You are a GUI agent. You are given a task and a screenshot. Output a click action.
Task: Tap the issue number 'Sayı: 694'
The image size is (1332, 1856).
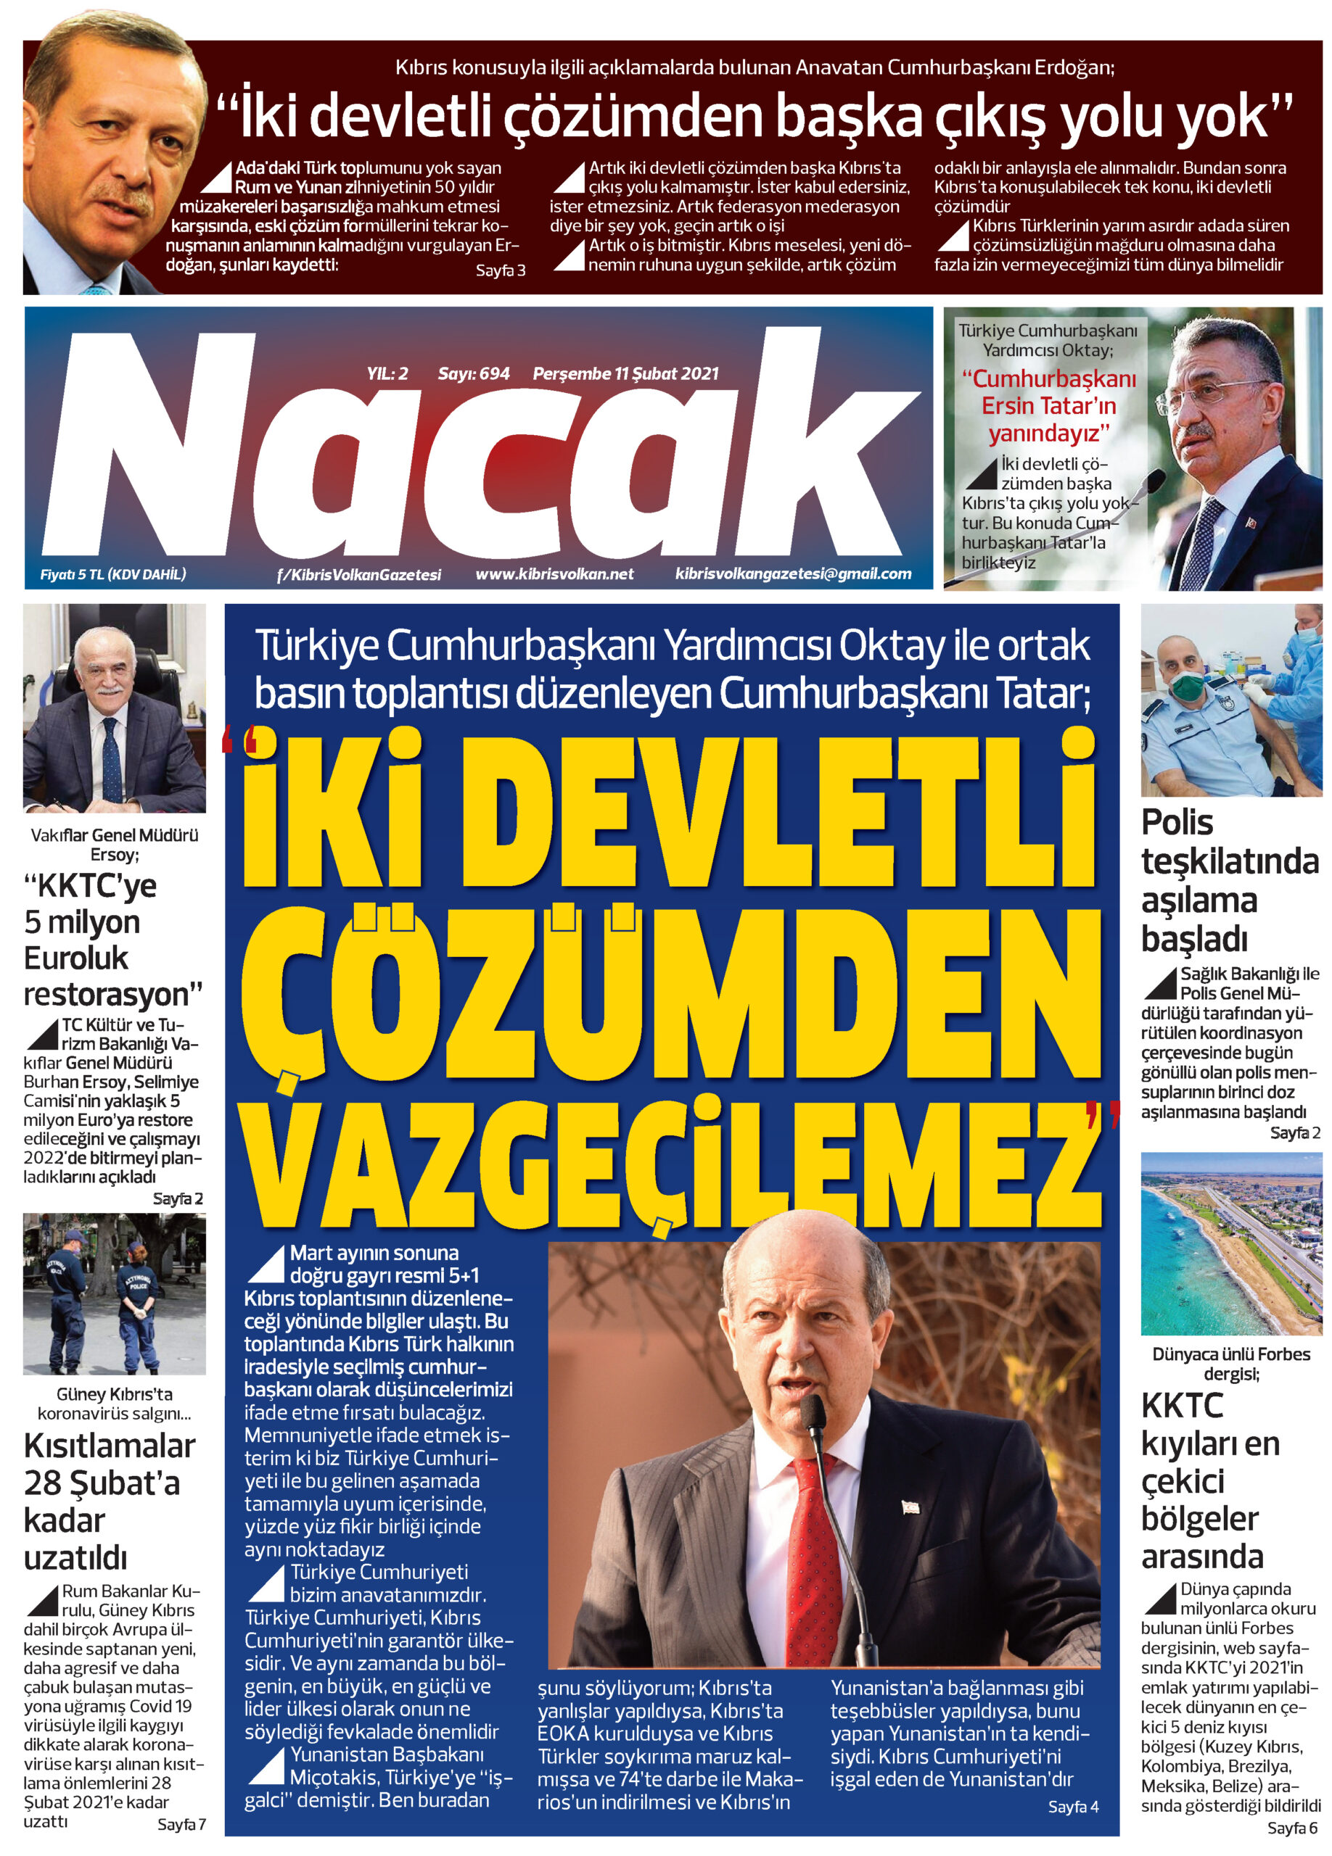pos(473,374)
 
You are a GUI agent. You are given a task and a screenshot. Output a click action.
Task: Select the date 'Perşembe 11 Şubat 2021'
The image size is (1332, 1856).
pos(625,374)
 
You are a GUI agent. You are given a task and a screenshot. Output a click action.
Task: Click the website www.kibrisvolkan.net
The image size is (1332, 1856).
pos(554,573)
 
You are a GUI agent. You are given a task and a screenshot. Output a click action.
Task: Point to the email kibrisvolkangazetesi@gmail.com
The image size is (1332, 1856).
pos(792,573)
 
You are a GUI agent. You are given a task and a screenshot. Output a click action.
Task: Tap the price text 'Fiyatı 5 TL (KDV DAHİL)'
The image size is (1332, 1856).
pos(113,573)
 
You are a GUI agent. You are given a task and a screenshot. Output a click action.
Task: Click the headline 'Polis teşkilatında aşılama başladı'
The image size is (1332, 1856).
pos(1228,881)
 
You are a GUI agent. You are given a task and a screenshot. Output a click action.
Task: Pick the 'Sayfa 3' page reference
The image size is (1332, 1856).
pos(500,270)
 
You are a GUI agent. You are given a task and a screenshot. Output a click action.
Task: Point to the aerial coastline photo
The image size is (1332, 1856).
pos(1230,1244)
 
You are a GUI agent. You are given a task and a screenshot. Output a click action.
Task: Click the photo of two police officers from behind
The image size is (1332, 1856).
pos(114,1294)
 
